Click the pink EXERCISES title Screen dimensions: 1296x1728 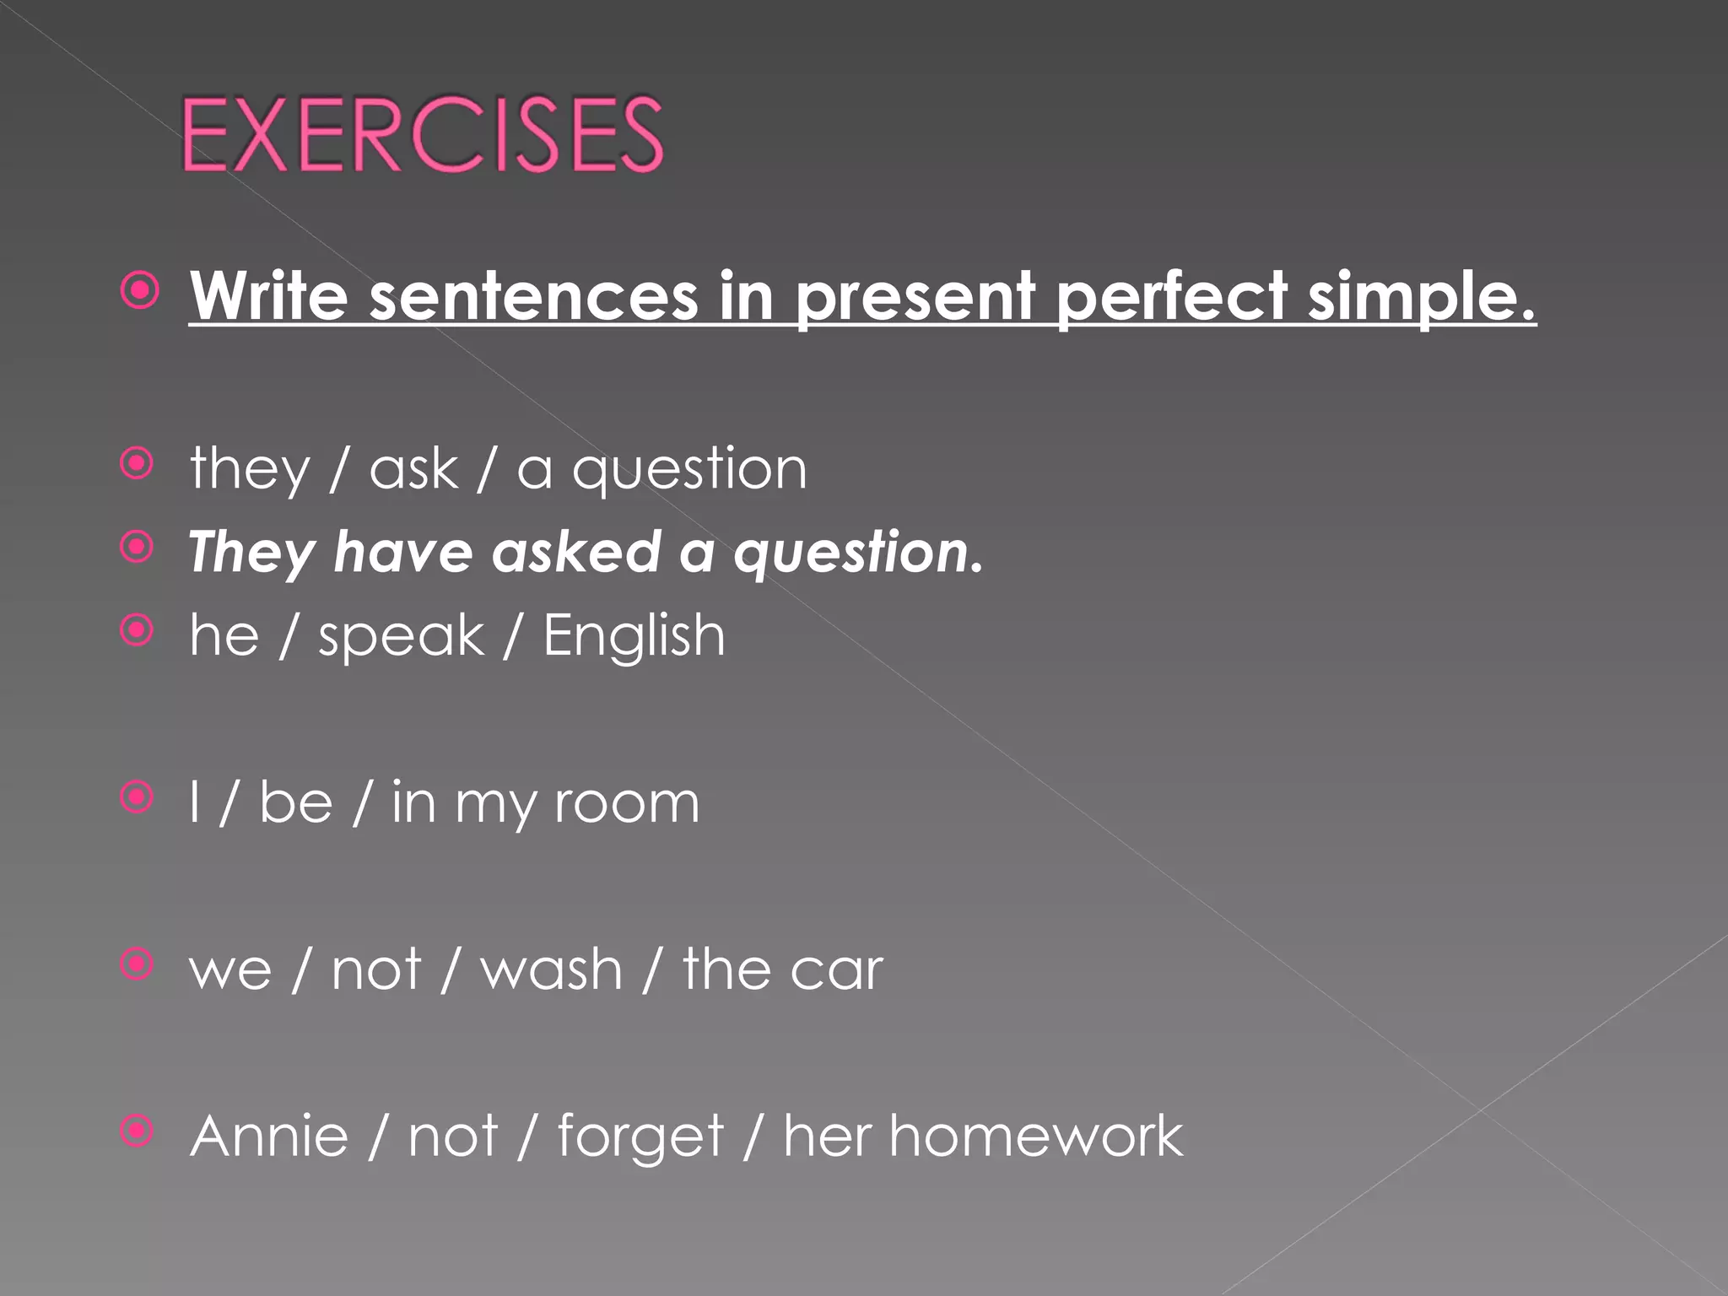tap(423, 135)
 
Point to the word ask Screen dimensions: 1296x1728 tap(413, 468)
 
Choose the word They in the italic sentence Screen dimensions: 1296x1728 tap(251, 553)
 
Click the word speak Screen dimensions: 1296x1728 tap(401, 635)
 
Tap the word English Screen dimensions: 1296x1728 tap(634, 635)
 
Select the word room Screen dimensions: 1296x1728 tap(627, 802)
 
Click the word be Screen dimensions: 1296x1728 tap(295, 802)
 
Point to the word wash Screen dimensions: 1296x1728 tap(551, 969)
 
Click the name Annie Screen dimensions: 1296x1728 tap(269, 1136)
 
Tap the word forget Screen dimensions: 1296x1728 tap(640, 1137)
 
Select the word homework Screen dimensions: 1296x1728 tap(1035, 1136)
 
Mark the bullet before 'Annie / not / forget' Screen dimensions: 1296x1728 tap(138, 1131)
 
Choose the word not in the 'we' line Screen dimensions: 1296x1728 tap(375, 969)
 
